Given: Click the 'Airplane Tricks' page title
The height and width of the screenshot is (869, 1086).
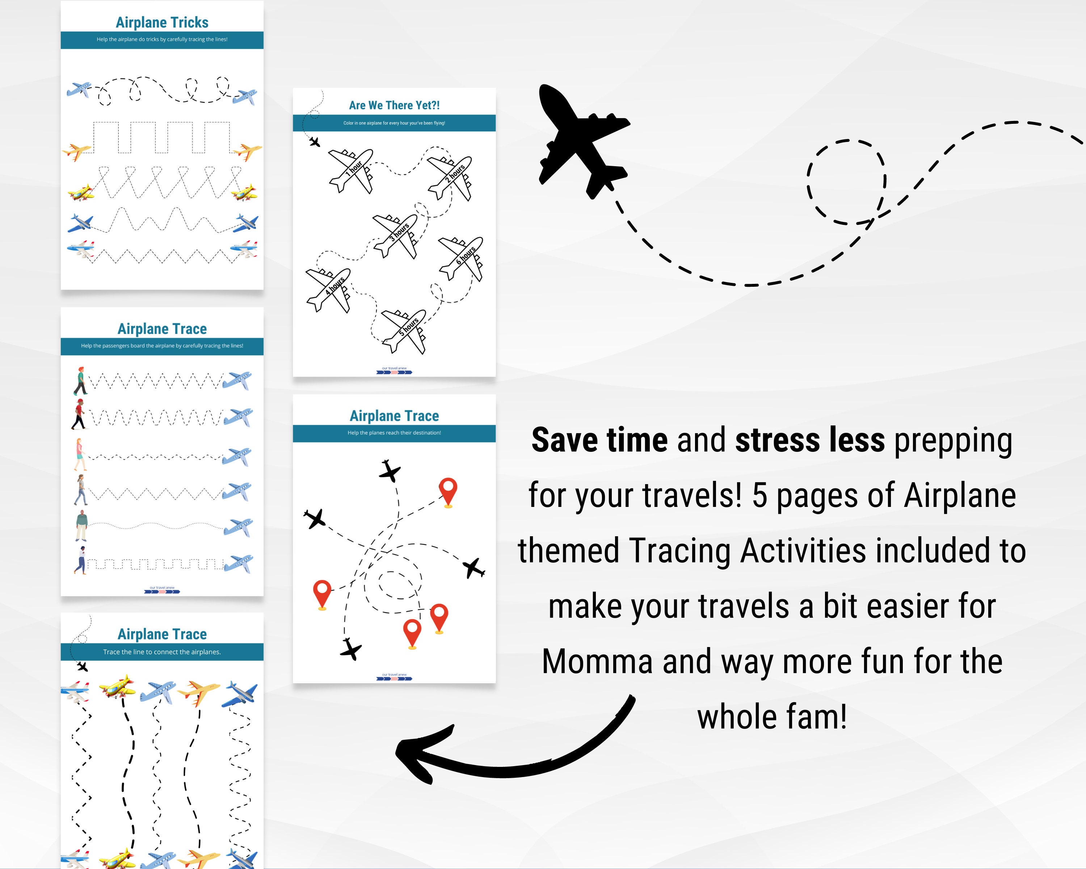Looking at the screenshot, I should (162, 23).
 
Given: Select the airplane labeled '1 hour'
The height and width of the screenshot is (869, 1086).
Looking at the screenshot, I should (352, 170).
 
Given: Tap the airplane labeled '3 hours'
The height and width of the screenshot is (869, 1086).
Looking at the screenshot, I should (396, 235).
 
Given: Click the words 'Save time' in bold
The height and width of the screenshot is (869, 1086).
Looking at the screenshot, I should (599, 440).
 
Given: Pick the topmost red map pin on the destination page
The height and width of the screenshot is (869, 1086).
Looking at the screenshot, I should (448, 491).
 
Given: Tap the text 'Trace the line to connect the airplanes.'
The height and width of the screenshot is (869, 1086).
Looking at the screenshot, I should (162, 652).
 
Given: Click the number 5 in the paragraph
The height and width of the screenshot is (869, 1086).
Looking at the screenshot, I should (759, 496).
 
